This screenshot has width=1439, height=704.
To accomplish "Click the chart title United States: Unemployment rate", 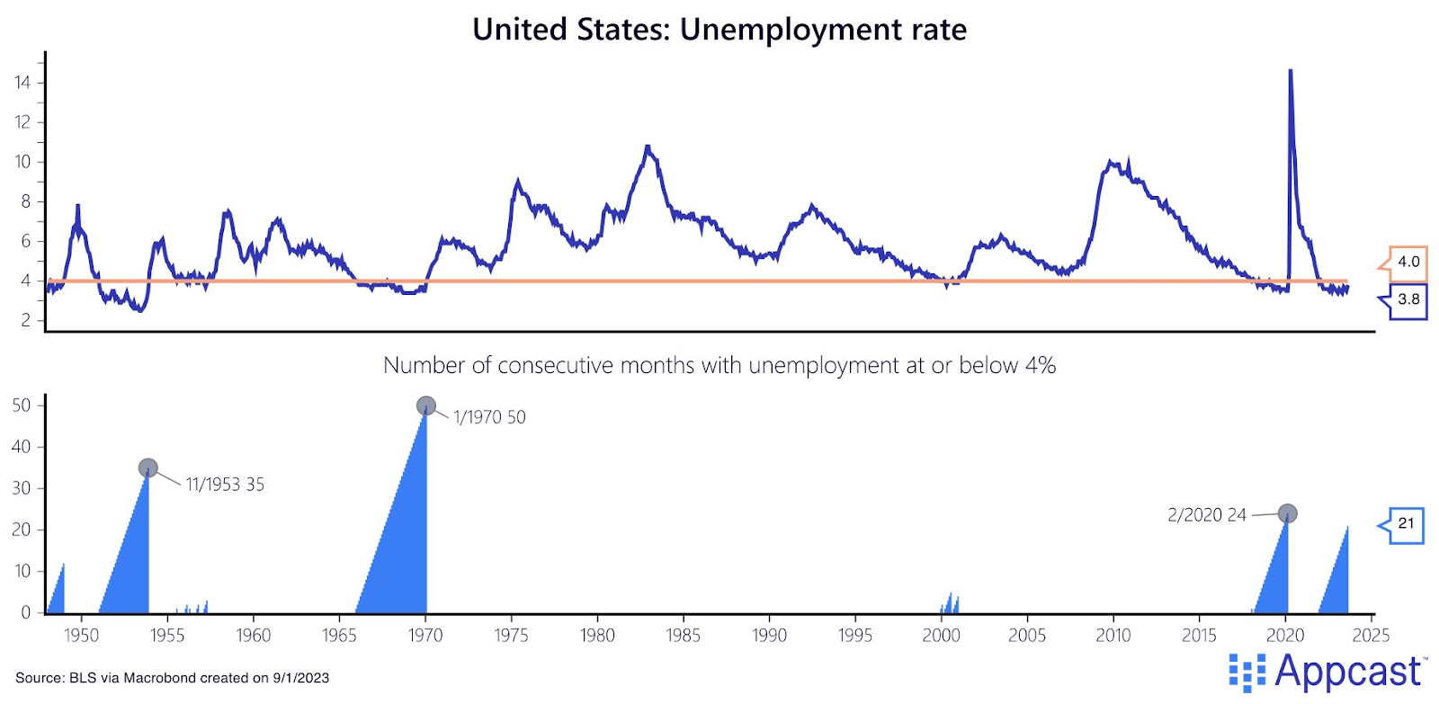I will coord(719,30).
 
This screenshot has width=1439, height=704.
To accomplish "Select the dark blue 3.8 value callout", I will coord(1408,299).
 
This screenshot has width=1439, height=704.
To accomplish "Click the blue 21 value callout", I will coord(1406,523).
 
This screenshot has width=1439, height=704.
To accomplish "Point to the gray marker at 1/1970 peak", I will coord(426,406).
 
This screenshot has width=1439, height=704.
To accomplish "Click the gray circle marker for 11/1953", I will coord(148,468).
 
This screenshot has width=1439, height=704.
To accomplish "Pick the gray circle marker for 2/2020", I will coord(1288,513).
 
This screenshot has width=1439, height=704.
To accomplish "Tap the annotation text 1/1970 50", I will coord(489,417).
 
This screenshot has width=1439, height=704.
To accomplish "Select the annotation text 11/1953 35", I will coord(225,485).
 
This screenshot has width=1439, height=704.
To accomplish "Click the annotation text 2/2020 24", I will coord(1207,515).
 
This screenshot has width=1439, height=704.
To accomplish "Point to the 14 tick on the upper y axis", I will coord(22,83).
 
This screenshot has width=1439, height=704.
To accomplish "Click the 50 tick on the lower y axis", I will coord(22,405).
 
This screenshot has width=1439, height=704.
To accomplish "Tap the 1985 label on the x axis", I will coord(684,636).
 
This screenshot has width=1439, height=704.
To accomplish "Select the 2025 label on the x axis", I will coord(1371,636).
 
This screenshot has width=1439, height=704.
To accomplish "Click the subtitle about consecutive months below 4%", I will coord(719,365).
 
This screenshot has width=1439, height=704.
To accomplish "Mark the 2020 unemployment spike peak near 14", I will coord(1291,71).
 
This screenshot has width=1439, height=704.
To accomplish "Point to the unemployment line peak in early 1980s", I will coord(648,147).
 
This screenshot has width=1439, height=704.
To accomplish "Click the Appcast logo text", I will coord(1347,672).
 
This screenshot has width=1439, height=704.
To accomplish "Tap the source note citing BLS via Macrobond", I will coord(173,678).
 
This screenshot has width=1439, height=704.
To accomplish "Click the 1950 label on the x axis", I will coord(81,636).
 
